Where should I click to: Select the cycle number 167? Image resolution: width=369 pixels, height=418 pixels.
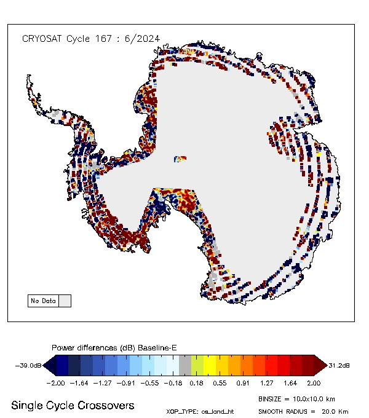[x=103, y=38]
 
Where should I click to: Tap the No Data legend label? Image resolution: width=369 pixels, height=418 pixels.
[x=43, y=301]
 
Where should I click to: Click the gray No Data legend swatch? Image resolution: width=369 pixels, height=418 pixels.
[x=65, y=301]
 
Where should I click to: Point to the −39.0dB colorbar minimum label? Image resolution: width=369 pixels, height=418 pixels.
[x=29, y=366]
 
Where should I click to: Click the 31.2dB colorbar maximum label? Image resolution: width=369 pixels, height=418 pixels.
[x=339, y=366]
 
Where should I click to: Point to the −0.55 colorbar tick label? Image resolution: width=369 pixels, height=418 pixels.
[x=151, y=382]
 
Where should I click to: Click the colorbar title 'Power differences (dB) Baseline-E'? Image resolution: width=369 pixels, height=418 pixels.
[x=114, y=348]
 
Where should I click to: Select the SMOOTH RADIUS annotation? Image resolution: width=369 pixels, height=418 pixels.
[x=303, y=411]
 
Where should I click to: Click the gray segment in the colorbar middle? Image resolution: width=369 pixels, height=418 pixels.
[x=185, y=366]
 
